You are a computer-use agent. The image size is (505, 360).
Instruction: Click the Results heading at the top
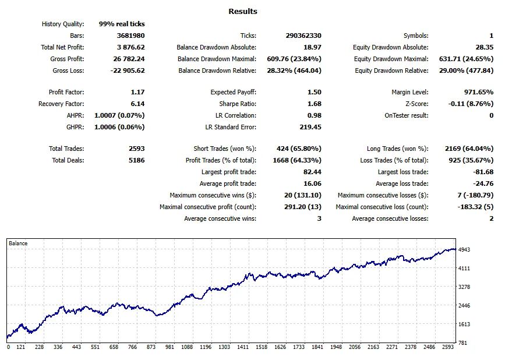click(243, 11)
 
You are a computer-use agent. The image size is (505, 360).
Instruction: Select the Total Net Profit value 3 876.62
click(130, 47)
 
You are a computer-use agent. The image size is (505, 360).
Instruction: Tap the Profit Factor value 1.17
click(137, 92)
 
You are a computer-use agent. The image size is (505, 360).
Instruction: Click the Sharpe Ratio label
click(238, 104)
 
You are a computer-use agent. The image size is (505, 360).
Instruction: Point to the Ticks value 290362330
click(303, 36)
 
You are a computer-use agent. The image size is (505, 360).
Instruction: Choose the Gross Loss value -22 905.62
click(128, 70)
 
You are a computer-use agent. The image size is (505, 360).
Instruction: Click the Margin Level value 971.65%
click(479, 92)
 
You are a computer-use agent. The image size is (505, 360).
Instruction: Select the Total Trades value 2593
click(136, 149)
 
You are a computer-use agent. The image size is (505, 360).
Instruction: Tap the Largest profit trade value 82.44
click(312, 172)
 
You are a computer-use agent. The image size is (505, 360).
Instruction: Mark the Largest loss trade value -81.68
click(483, 172)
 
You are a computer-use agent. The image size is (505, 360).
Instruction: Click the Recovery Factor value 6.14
click(137, 104)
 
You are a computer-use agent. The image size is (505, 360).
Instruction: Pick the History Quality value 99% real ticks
click(122, 24)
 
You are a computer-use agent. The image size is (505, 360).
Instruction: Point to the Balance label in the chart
click(18, 243)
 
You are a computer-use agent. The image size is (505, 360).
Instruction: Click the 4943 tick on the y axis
click(464, 249)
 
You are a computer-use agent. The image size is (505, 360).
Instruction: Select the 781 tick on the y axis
click(462, 343)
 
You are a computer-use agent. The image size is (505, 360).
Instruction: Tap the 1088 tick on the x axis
click(187, 347)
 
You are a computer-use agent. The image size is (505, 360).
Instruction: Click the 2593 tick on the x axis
click(448, 347)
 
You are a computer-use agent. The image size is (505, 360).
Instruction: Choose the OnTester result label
click(407, 115)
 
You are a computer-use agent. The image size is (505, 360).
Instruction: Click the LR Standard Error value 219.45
click(310, 127)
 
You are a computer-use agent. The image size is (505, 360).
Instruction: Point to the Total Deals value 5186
click(136, 160)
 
